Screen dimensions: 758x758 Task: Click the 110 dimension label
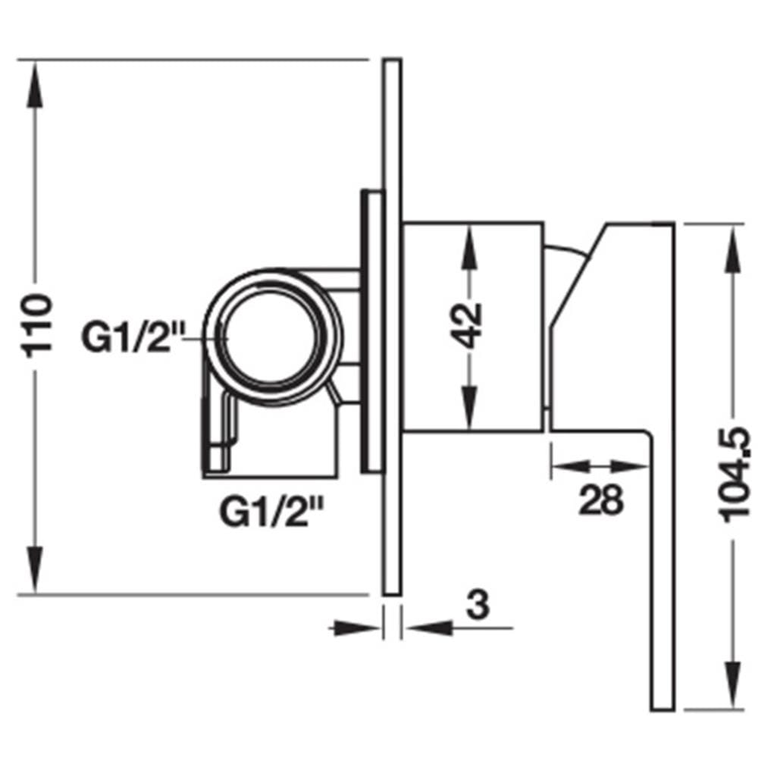click(x=37, y=326)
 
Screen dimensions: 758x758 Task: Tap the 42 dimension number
click(x=466, y=325)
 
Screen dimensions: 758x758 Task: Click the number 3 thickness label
click(x=478, y=604)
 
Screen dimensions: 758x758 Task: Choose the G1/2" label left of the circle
click(x=133, y=337)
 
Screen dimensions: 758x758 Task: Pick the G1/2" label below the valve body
click(x=271, y=512)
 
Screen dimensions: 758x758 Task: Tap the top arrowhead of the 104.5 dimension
click(x=733, y=249)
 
